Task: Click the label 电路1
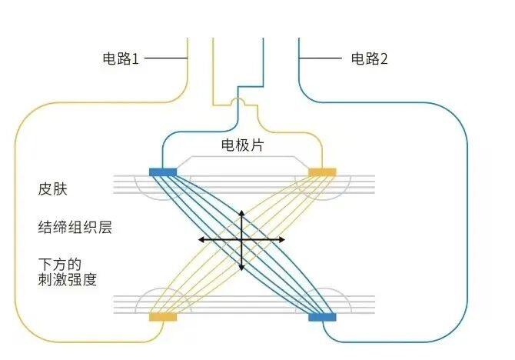121,58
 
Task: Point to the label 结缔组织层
73,228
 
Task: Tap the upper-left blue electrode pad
163,172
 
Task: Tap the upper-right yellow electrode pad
322,172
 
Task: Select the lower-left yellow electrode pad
163,316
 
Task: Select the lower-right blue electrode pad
322,316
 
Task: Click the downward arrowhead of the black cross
242,268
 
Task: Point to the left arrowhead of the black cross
201,240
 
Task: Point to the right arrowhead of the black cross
282,240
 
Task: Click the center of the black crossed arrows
242,240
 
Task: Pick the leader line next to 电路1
164,58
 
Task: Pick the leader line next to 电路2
321,58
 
